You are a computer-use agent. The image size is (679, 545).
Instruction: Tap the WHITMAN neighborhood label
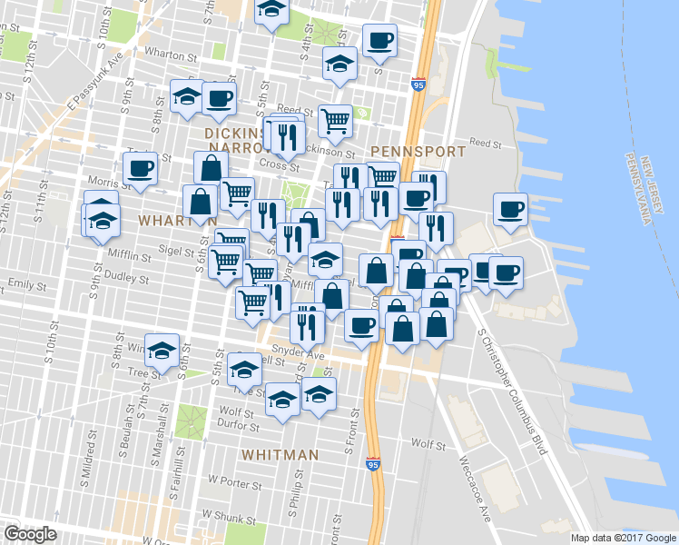coord(280,454)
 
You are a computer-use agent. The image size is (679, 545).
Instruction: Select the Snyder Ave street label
coord(300,356)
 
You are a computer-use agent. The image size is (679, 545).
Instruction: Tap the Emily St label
coord(27,285)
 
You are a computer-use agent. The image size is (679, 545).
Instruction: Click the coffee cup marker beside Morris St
coord(141,168)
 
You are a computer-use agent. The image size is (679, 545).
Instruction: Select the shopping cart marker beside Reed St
coord(335,119)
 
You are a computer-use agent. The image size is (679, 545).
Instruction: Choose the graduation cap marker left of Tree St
coord(162,349)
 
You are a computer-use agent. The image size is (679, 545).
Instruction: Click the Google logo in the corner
coord(30,534)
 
